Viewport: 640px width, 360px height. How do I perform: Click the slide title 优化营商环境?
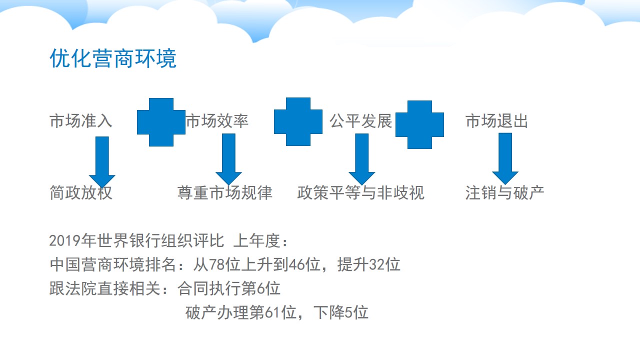point(113,58)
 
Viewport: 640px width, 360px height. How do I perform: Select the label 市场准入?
point(81,121)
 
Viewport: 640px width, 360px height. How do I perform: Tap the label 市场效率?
point(217,121)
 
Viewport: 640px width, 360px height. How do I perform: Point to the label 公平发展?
point(360,121)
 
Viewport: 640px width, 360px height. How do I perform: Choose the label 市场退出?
point(496,121)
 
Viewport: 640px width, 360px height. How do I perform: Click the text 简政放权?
point(81,192)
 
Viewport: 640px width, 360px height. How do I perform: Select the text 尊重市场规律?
point(225,192)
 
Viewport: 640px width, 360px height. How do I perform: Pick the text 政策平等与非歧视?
point(360,192)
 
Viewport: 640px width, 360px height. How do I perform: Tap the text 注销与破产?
point(504,192)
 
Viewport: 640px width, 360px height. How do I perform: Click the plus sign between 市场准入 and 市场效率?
point(161,122)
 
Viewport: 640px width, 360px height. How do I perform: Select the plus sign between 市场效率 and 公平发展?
point(298,121)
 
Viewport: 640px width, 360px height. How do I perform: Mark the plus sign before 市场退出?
point(419,124)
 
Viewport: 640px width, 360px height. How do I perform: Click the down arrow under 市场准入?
point(102,162)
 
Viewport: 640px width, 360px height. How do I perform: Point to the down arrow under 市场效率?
point(228,159)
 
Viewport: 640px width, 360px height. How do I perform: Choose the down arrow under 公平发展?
point(361,159)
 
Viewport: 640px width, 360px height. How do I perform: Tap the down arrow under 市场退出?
point(505,158)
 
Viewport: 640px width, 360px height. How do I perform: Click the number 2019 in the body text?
point(65,240)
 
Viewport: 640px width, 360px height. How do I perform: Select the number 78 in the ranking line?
point(217,264)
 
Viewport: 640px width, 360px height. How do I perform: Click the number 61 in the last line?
point(273,312)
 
